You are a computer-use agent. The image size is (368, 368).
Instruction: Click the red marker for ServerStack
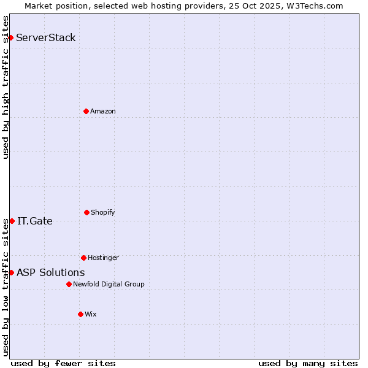tap(10, 38)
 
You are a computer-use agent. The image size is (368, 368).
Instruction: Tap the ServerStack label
tap(46, 38)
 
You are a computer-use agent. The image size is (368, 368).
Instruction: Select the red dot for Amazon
tap(86, 111)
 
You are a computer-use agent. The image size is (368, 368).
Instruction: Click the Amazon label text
tap(103, 111)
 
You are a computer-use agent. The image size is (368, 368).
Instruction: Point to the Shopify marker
tap(86, 212)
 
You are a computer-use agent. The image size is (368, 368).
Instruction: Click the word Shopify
tap(103, 212)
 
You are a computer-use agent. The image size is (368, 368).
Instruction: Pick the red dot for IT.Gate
tap(12, 221)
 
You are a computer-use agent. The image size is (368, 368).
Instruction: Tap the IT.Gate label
tap(35, 221)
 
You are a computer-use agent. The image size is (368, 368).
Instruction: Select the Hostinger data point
tap(83, 258)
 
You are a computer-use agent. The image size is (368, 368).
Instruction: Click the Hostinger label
tap(103, 258)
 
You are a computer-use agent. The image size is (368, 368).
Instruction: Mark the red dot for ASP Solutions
tap(11, 272)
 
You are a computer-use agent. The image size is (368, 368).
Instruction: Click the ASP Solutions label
tap(51, 272)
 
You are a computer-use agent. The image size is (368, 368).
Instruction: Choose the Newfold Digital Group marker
tap(69, 284)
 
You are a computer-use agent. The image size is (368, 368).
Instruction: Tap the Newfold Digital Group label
tap(109, 284)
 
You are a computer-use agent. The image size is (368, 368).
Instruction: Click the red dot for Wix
tap(80, 314)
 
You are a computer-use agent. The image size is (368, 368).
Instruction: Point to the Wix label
tap(91, 314)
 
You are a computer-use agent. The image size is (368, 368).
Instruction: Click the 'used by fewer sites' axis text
tap(63, 363)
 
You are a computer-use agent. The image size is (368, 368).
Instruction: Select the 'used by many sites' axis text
tap(308, 363)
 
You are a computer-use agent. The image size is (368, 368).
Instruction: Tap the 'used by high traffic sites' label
tap(6, 87)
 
